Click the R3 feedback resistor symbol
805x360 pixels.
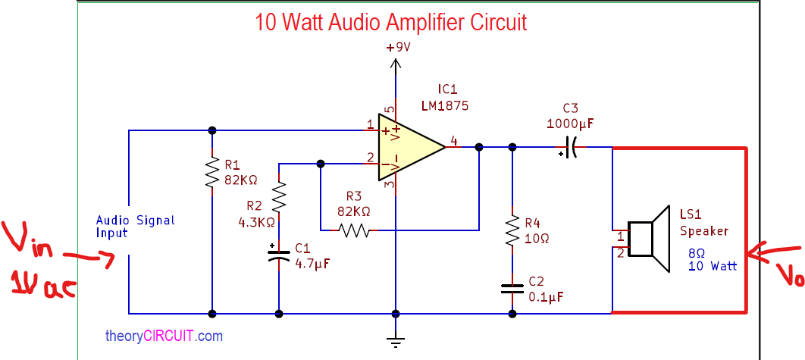click(354, 230)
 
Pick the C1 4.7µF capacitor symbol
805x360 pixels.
click(279, 253)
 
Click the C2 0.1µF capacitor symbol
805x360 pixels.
click(512, 288)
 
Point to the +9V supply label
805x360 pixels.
click(398, 47)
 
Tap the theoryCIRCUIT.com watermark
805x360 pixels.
click(164, 335)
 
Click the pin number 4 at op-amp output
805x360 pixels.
click(453, 140)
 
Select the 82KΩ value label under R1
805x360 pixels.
click(241, 180)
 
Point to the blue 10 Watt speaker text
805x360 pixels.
click(713, 267)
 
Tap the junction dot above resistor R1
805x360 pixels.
click(212, 130)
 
